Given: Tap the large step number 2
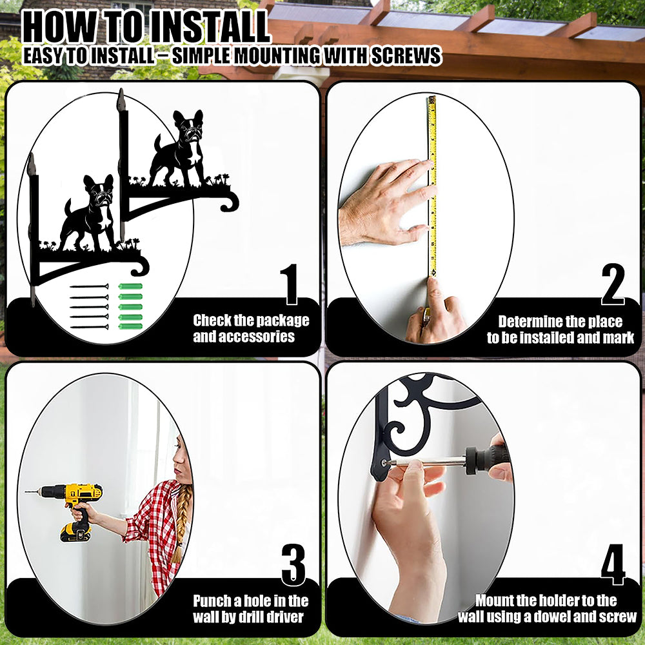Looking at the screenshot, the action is coord(613,284).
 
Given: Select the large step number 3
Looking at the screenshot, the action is coord(293,565).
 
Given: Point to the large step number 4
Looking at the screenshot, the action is coord(613,565).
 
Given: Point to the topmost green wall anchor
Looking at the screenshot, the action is coord(130,286).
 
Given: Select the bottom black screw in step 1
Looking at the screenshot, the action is coord(89,327).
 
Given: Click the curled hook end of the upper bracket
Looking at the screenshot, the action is coord(230,203).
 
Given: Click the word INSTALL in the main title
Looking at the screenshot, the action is coord(209,27).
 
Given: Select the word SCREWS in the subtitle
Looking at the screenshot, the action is coord(406,56).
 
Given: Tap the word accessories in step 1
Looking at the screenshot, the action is coord(244,337).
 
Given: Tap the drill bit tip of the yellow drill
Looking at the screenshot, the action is coord(26,492).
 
